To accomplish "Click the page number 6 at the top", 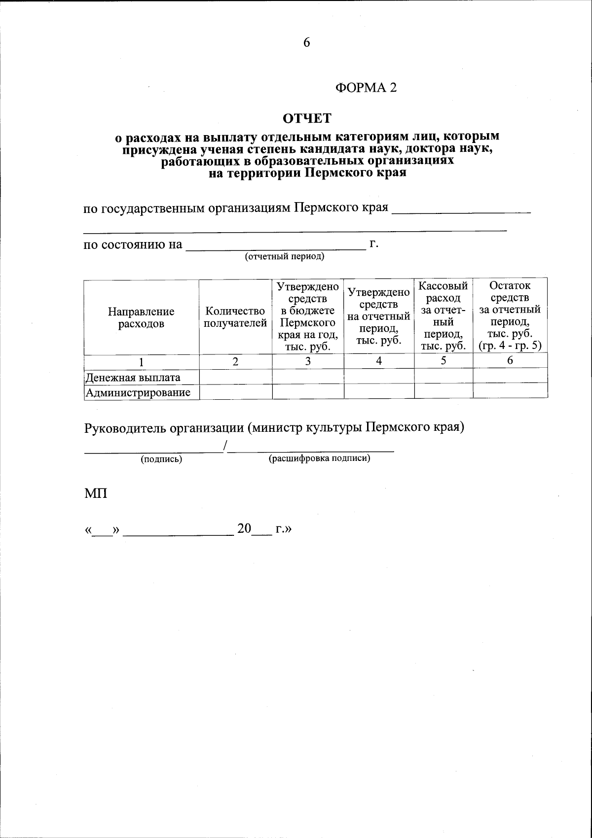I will click(x=306, y=43).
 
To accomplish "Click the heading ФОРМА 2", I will click(x=366, y=88).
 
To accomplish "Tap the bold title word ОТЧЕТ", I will click(x=307, y=118).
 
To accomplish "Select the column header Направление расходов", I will click(x=141, y=318).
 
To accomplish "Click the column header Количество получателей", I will click(x=235, y=317).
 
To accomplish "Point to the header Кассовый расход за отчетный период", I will click(x=443, y=316).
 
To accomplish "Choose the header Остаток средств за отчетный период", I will click(x=510, y=316).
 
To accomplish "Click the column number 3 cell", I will click(x=308, y=361).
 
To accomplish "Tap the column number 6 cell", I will click(x=510, y=361).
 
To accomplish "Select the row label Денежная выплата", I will click(x=133, y=378).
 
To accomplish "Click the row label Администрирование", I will click(x=138, y=393).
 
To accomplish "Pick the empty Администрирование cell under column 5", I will click(x=443, y=391).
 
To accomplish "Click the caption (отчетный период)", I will click(x=285, y=257).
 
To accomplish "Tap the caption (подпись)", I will click(x=161, y=459).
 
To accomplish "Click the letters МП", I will click(x=96, y=493).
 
